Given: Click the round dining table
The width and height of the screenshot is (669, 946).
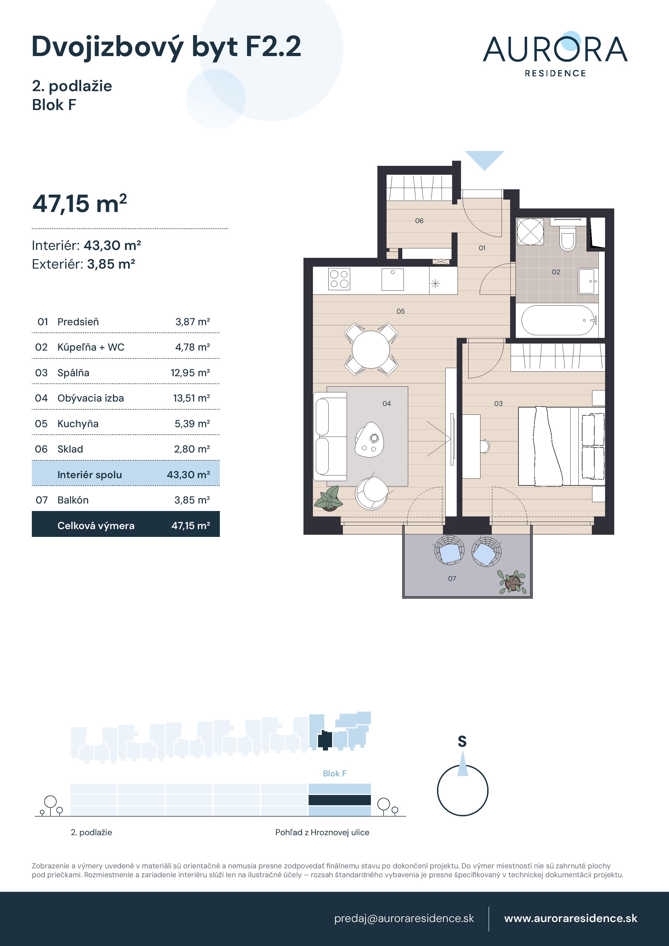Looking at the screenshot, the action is (x=371, y=349).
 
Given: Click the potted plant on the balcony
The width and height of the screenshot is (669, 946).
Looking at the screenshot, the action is (x=512, y=582).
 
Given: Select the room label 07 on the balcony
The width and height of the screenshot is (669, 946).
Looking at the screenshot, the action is (x=452, y=578).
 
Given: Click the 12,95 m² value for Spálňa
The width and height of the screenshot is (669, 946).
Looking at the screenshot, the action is (x=190, y=373).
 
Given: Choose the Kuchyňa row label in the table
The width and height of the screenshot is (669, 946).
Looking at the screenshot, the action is (x=78, y=424).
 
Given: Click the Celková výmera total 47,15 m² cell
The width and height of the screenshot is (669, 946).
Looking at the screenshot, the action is (x=190, y=526).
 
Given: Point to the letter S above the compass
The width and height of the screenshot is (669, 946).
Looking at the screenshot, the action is (x=462, y=742).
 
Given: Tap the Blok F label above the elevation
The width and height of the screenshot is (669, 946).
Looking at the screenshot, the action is (x=334, y=774).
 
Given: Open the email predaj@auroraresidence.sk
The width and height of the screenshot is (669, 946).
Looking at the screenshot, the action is (x=404, y=918).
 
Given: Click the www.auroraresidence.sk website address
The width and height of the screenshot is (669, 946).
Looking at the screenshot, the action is (x=571, y=918).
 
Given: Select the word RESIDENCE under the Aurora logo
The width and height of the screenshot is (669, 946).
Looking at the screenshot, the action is (x=555, y=73).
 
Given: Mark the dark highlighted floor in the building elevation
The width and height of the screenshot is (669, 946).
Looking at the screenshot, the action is (x=340, y=800).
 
